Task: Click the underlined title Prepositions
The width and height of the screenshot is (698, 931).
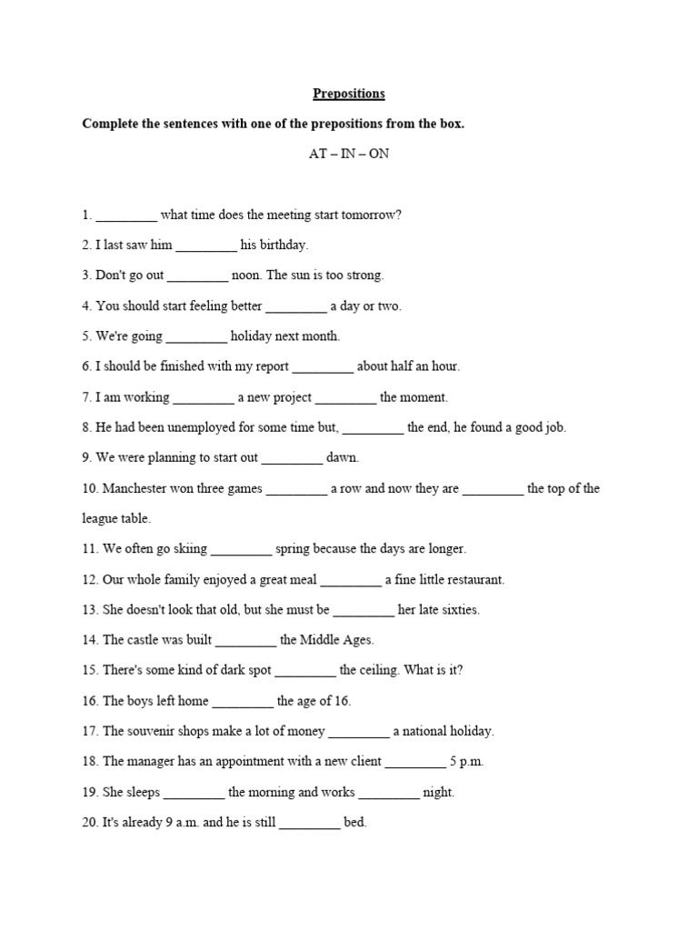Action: (x=349, y=94)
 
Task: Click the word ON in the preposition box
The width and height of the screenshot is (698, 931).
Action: (x=378, y=154)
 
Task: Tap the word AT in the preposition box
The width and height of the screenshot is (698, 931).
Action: (x=318, y=154)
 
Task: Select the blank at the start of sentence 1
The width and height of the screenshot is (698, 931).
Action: (x=126, y=216)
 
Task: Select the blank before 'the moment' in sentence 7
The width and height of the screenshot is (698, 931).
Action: (x=346, y=398)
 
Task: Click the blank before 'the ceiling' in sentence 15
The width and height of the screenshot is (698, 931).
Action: (x=305, y=671)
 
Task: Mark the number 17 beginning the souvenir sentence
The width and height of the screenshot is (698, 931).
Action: (x=89, y=731)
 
